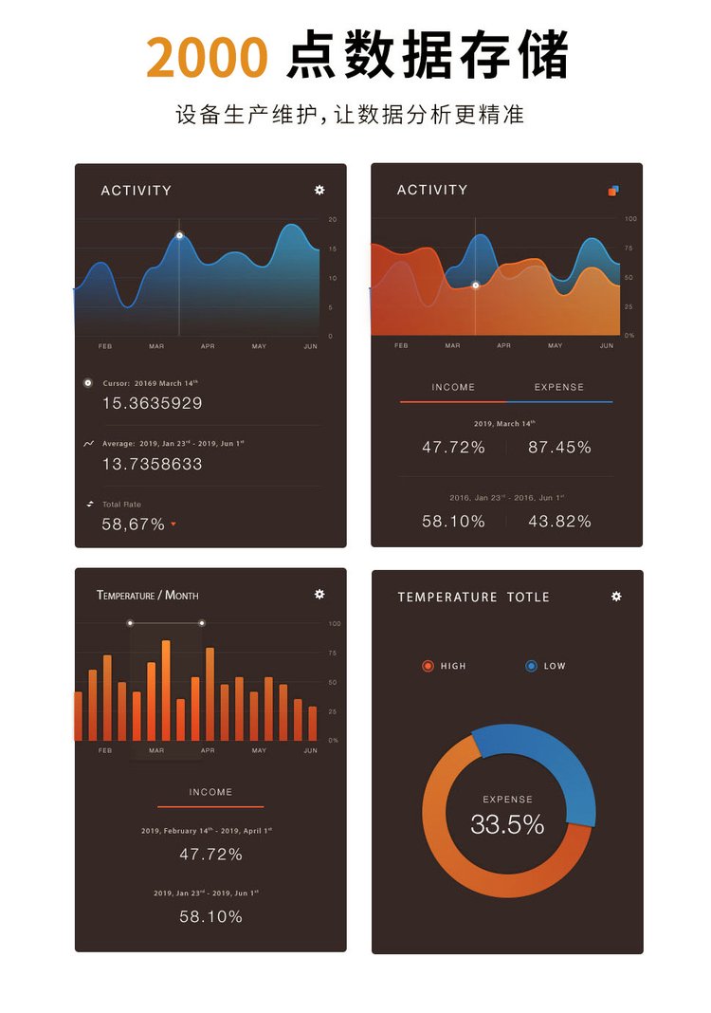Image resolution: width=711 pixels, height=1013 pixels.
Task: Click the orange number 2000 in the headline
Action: [x=208, y=58]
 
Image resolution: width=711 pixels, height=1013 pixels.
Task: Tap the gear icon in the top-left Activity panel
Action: [x=319, y=190]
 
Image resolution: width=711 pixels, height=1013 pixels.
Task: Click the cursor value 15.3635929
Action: [x=152, y=403]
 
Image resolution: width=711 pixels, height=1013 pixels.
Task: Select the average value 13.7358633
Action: [x=152, y=464]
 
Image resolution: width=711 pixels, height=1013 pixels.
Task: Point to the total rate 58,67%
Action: [x=133, y=524]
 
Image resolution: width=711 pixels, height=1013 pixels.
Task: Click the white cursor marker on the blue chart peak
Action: [x=179, y=235]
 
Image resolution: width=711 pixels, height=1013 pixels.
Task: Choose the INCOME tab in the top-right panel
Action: [x=453, y=387]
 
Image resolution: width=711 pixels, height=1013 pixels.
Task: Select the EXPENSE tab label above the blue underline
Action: [x=559, y=387]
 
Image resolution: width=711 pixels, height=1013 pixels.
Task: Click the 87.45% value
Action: [x=559, y=447]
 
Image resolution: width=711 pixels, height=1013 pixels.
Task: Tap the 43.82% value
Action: [x=559, y=521]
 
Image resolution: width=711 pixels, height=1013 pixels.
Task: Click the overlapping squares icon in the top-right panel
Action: [x=613, y=191]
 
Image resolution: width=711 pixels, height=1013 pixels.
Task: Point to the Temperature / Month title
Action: [x=147, y=595]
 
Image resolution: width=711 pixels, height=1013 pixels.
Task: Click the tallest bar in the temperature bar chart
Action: [x=166, y=690]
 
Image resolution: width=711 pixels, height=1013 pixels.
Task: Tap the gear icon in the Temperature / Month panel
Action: [x=319, y=594]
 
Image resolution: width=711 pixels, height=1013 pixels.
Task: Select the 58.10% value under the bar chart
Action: [x=210, y=916]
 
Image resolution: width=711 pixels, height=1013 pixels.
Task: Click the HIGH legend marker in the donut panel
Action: [x=428, y=666]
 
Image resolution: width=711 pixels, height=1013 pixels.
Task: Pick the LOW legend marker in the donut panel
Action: [x=531, y=666]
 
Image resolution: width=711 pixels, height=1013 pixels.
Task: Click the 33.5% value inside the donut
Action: [x=507, y=824]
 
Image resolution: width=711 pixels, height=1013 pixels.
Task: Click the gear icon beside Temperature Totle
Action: [x=616, y=597]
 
